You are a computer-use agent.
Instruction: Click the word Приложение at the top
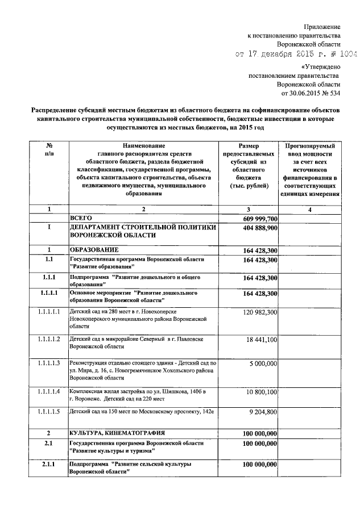coord(322,27)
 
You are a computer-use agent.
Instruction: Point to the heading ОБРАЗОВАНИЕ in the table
coord(94,250)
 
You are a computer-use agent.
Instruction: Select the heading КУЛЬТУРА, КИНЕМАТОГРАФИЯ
coord(120,433)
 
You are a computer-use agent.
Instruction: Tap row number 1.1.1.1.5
coord(49,412)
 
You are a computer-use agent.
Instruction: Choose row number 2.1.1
coord(49,465)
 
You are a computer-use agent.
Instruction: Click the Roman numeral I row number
coord(49,227)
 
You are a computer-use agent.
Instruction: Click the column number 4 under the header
coord(310,210)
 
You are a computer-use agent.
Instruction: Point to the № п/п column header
coord(49,150)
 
